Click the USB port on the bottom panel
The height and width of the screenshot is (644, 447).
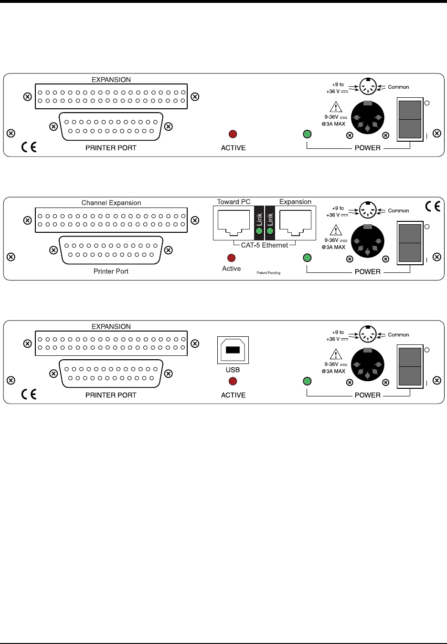(233, 350)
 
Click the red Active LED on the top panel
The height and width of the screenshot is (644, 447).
(233, 135)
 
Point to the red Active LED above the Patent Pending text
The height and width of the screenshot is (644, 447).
(232, 258)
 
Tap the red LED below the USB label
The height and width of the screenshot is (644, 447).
(233, 381)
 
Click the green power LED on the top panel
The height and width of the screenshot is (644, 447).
(308, 135)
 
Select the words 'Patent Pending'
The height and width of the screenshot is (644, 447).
(268, 273)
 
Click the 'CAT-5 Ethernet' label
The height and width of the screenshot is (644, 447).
(265, 245)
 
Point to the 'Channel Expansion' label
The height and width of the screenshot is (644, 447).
(111, 203)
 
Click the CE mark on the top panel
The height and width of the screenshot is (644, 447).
(29, 147)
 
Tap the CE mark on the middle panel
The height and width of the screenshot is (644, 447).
(433, 207)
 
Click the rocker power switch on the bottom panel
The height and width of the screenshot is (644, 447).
(410, 366)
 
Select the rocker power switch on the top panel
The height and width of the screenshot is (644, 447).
(410, 119)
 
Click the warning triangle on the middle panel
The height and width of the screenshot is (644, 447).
(336, 230)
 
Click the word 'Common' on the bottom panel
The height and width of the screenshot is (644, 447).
(398, 335)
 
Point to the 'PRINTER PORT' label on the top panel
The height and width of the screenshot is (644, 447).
(111, 148)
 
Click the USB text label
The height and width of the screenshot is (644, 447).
(233, 370)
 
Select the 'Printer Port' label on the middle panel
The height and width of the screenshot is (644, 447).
(111, 271)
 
